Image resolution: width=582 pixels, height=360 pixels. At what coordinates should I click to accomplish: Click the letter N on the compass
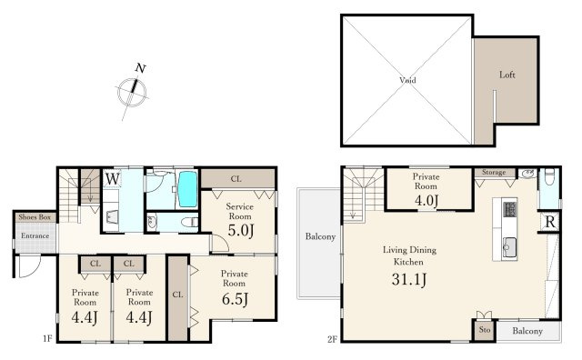(x=140, y=68)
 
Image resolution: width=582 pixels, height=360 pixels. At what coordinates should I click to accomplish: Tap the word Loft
(x=507, y=75)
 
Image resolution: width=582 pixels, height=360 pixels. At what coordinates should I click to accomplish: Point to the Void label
(x=407, y=80)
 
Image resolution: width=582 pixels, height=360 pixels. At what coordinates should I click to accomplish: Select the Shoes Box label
(x=35, y=217)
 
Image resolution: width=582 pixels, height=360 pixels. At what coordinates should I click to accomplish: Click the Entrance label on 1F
(x=35, y=235)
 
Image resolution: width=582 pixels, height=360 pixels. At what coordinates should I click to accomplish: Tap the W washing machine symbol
(x=112, y=179)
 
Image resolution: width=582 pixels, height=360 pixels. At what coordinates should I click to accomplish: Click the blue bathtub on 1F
(x=187, y=189)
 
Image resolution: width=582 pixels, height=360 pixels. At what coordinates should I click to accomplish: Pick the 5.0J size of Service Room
(x=241, y=231)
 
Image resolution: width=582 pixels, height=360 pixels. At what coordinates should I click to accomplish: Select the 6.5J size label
(x=235, y=299)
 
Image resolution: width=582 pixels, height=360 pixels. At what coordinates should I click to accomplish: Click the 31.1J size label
(x=409, y=279)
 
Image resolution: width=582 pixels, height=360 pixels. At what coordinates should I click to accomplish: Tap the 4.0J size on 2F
(x=426, y=201)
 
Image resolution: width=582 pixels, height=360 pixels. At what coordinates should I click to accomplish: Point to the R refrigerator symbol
(x=550, y=222)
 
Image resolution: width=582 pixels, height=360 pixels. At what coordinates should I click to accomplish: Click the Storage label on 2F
(x=494, y=172)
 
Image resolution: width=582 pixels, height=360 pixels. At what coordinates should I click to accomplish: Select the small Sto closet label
(x=485, y=330)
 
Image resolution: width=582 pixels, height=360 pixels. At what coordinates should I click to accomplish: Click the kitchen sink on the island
(x=509, y=246)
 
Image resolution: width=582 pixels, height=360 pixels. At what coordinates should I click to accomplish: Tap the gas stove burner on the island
(x=509, y=209)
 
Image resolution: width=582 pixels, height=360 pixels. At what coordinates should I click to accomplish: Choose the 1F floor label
(x=47, y=338)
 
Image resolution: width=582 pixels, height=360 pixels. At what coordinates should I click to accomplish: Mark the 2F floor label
(x=332, y=339)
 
